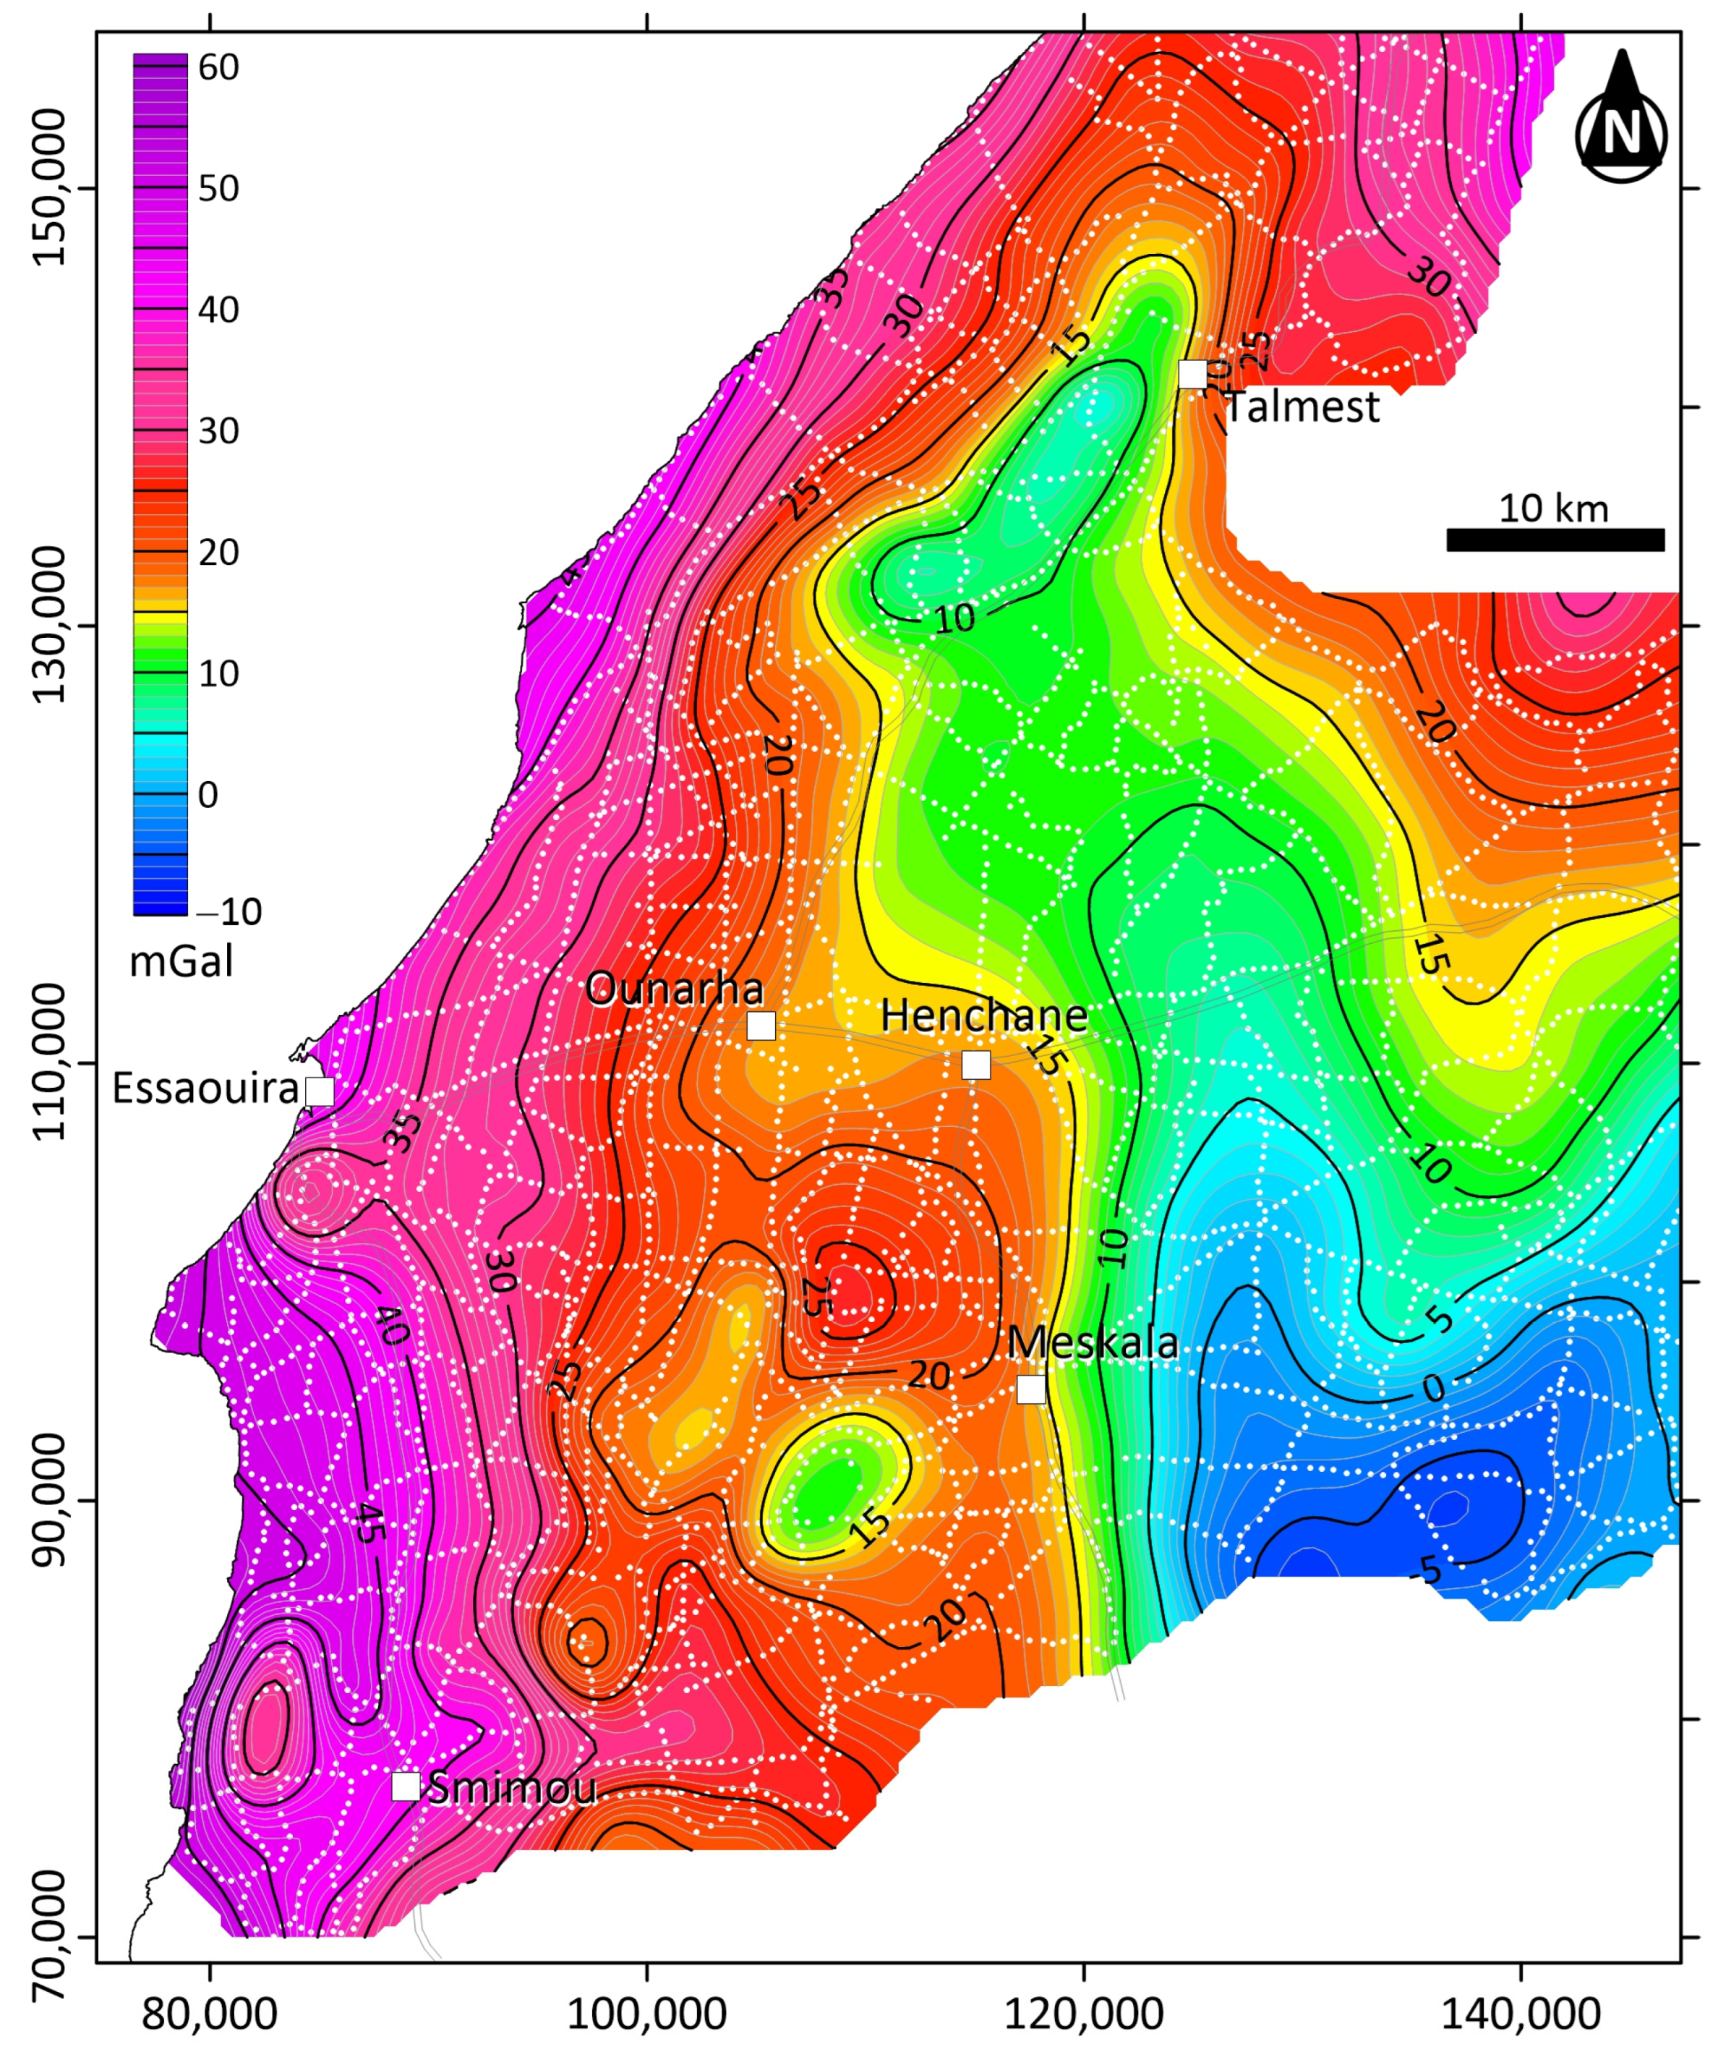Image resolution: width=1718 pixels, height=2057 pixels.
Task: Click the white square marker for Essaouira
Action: (320, 1091)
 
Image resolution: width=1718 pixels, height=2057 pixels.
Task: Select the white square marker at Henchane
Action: (975, 1065)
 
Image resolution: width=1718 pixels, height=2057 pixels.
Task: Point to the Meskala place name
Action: (1092, 1344)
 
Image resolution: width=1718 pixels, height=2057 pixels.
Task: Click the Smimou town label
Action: (512, 1789)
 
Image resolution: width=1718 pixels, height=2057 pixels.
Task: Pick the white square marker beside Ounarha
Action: (761, 1026)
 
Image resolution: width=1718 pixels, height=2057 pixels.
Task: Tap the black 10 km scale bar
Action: (1555, 540)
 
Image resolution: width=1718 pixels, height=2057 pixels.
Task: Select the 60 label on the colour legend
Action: (218, 67)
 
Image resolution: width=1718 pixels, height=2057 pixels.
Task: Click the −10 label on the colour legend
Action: (229, 912)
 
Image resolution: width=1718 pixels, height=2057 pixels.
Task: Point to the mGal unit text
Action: (181, 963)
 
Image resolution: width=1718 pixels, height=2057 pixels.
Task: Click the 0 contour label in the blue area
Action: (1433, 1389)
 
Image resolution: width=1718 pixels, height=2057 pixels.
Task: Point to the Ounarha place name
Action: (674, 989)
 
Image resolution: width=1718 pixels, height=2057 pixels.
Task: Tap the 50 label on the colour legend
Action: (218, 188)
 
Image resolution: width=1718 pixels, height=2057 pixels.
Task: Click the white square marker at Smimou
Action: (406, 1786)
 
